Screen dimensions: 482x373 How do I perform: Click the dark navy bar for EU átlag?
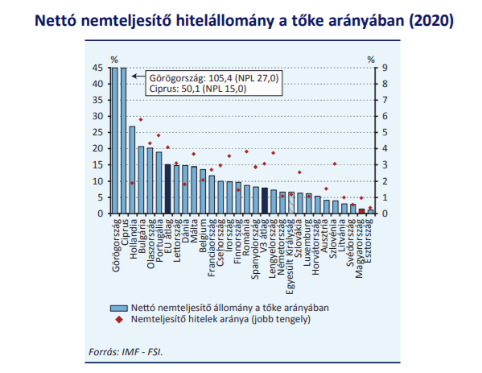click(168, 189)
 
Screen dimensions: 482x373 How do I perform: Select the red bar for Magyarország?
click(362, 211)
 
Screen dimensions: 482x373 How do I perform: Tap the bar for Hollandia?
click(132, 170)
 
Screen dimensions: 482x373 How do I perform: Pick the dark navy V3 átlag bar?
click(265, 201)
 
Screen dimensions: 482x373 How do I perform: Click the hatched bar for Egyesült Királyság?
click(291, 203)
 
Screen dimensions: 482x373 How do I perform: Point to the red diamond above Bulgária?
click(141, 119)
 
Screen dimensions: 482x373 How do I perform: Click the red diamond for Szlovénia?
click(335, 164)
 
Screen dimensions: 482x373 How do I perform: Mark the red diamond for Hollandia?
click(132, 183)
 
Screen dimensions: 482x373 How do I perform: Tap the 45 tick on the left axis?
click(97, 68)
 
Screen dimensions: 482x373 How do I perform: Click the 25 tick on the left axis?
click(97, 133)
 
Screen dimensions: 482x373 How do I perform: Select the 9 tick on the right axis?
click(385, 68)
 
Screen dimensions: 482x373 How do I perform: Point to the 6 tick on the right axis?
click(385, 116)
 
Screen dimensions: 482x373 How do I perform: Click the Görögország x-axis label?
click(116, 245)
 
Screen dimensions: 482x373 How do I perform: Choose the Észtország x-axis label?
click(369, 241)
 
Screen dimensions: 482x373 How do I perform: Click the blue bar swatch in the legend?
click(118, 308)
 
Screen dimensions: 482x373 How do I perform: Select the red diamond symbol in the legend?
click(119, 320)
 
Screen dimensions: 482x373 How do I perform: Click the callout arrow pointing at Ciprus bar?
click(138, 76)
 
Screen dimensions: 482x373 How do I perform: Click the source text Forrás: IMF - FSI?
click(126, 352)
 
